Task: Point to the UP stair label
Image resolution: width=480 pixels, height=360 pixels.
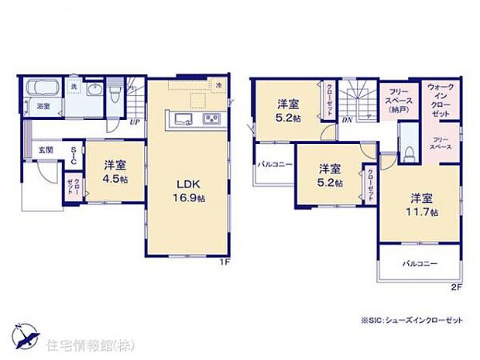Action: (x=134, y=122)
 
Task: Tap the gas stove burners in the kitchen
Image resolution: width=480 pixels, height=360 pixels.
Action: (x=211, y=118)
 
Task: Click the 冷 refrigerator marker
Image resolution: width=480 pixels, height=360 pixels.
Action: (x=219, y=84)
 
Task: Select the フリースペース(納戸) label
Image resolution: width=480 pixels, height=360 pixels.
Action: (x=399, y=98)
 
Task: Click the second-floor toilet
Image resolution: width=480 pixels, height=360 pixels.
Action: (x=406, y=149)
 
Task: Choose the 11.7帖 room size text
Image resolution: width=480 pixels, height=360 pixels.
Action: (x=423, y=211)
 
